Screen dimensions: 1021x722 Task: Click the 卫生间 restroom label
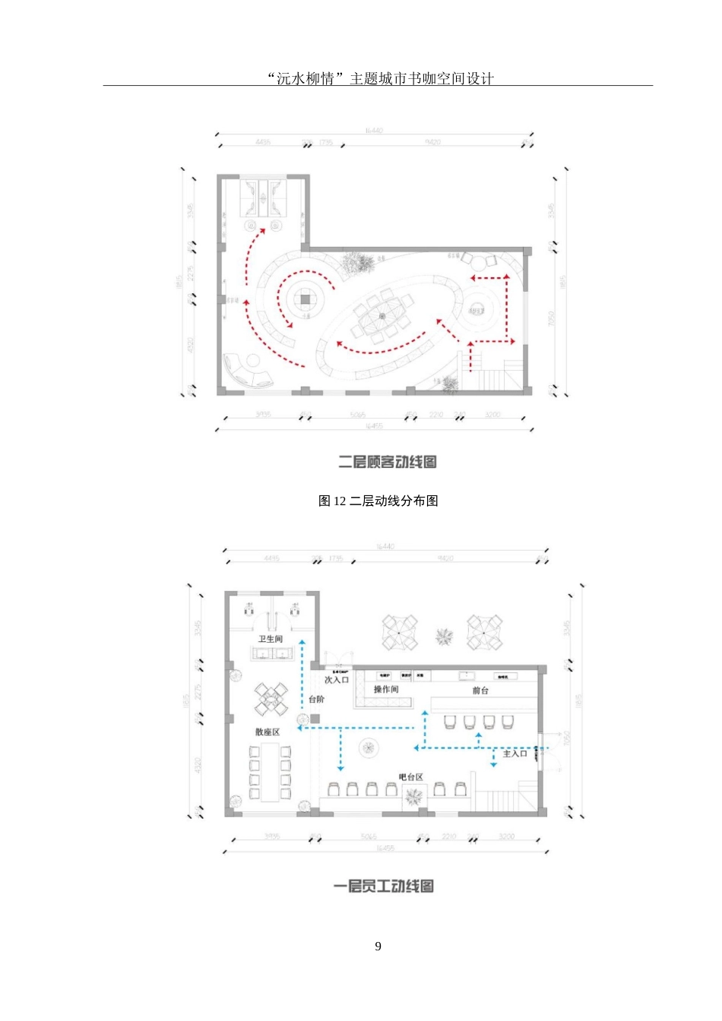coord(270,639)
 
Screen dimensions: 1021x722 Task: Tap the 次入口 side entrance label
coord(337,679)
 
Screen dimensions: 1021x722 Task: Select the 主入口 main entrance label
coord(515,754)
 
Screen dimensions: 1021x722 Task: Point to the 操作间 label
coord(386,689)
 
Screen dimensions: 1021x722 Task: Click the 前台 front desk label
coord(480,691)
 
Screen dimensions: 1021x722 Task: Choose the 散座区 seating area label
coord(268,732)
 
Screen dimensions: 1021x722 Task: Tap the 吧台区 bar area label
coord(410,777)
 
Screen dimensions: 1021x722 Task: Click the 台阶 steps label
coord(317,699)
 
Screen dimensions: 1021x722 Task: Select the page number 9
coord(378,946)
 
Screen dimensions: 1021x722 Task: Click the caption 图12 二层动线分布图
coord(378,501)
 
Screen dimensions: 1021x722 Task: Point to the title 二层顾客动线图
coord(387,462)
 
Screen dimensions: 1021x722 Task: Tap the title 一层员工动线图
coord(384,886)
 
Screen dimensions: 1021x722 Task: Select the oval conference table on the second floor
coord(382,315)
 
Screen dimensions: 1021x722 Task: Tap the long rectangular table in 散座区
coord(270,773)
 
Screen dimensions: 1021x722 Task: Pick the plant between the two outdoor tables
coord(444,636)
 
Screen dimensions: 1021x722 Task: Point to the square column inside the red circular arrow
coord(305,299)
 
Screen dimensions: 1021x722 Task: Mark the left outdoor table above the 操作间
coord(400,632)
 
